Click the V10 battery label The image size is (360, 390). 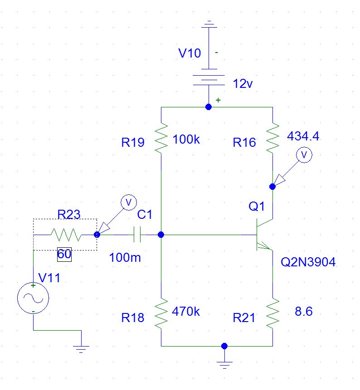pyautogui.click(x=189, y=53)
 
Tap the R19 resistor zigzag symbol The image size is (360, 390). pyautogui.click(x=161, y=139)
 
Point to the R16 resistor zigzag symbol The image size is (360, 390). pyautogui.click(x=272, y=139)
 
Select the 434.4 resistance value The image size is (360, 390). pyautogui.click(x=303, y=136)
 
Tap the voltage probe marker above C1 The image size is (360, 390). pyautogui.click(x=128, y=202)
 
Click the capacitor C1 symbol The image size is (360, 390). pyautogui.click(x=139, y=235)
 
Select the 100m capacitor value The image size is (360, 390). pyautogui.click(x=125, y=258)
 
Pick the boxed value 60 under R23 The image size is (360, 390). pyautogui.click(x=64, y=255)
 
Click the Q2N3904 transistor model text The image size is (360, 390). pyautogui.click(x=308, y=262)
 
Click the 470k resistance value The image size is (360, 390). pyautogui.click(x=186, y=312)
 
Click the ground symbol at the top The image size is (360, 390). pyautogui.click(x=209, y=23)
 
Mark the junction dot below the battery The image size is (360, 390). pyautogui.click(x=209, y=107)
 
